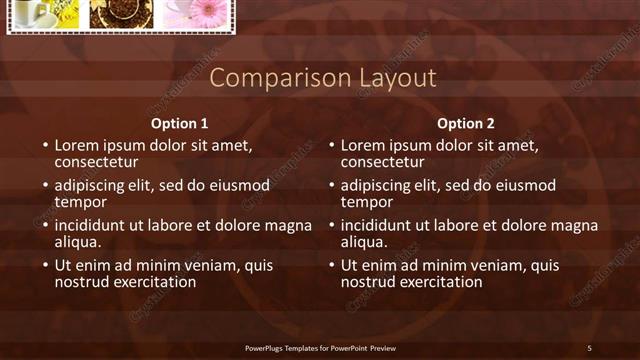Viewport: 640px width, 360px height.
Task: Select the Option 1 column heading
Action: [180, 124]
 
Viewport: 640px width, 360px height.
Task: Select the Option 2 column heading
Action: [466, 124]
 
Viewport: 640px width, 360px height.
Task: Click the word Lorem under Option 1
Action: [77, 145]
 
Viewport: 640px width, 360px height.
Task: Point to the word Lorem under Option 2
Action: [363, 145]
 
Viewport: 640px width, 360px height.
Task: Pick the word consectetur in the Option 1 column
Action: [96, 161]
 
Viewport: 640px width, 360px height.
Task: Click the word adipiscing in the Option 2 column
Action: [378, 186]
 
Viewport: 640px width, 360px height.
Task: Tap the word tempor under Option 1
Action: [80, 201]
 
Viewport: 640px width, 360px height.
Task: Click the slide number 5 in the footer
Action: [589, 348]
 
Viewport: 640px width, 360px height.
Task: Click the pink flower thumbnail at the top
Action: [195, 13]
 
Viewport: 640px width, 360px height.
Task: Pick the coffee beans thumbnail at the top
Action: [121, 13]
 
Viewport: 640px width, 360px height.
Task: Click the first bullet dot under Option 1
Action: [45, 146]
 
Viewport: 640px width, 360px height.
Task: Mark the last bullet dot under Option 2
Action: [331, 267]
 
